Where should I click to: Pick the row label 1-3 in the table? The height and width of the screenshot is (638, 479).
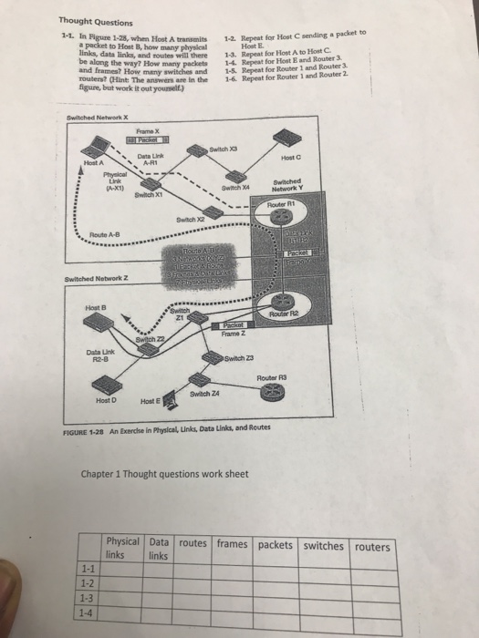(x=89, y=598)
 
